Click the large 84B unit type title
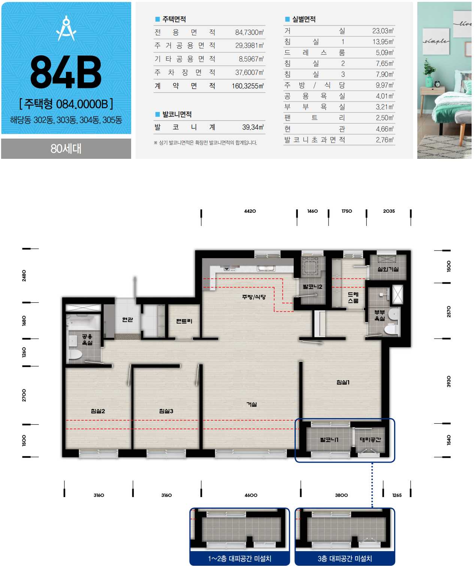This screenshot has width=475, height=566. [66, 72]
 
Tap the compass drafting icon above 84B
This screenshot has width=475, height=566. [66, 28]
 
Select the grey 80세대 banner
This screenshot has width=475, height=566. [66, 148]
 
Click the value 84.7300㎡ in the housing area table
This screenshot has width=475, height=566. [249, 32]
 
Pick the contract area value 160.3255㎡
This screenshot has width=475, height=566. [248, 86]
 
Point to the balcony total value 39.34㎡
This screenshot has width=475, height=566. [253, 127]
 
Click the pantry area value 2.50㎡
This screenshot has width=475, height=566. [384, 118]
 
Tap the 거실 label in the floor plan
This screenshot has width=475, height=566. [251, 404]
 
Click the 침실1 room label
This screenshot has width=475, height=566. [343, 382]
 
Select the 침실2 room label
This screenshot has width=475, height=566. [98, 411]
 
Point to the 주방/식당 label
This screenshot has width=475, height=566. [254, 297]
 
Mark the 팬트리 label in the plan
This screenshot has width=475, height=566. [184, 321]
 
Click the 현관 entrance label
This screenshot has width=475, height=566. [127, 320]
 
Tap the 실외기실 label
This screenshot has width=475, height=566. [388, 269]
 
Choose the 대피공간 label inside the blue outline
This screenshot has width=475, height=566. [370, 440]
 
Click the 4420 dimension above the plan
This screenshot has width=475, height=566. [250, 211]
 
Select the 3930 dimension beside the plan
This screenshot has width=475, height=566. [448, 381]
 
